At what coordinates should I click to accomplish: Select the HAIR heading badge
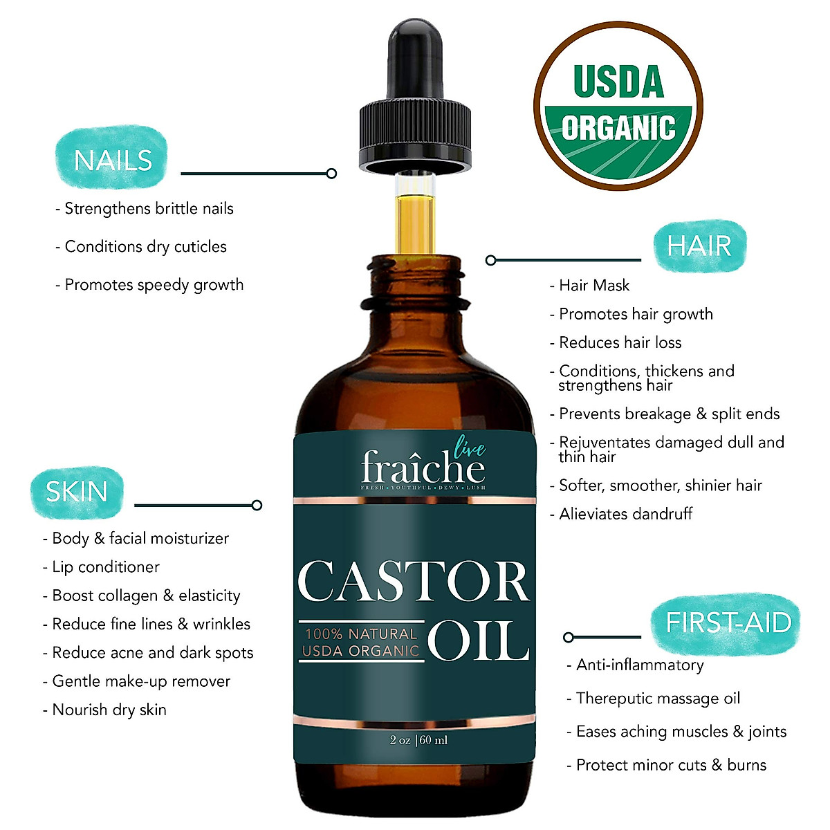(699, 246)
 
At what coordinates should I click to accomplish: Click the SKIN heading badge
(77, 491)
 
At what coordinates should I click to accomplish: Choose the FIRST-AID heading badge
(728, 622)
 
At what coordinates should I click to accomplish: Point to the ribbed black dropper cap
(414, 135)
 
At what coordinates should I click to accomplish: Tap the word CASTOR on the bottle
(413, 581)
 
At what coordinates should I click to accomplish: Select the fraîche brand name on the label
(423, 468)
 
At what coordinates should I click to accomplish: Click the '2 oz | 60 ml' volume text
(418, 740)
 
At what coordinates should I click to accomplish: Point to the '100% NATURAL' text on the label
(361, 634)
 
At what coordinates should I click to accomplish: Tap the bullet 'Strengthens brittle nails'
(148, 209)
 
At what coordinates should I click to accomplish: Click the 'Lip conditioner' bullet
(105, 567)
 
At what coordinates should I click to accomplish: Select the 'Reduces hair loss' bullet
(620, 342)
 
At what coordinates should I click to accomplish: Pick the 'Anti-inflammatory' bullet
(640, 665)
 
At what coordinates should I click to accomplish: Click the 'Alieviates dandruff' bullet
(625, 514)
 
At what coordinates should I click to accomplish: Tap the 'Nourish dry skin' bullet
(109, 710)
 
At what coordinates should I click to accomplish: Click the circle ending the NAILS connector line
(332, 174)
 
